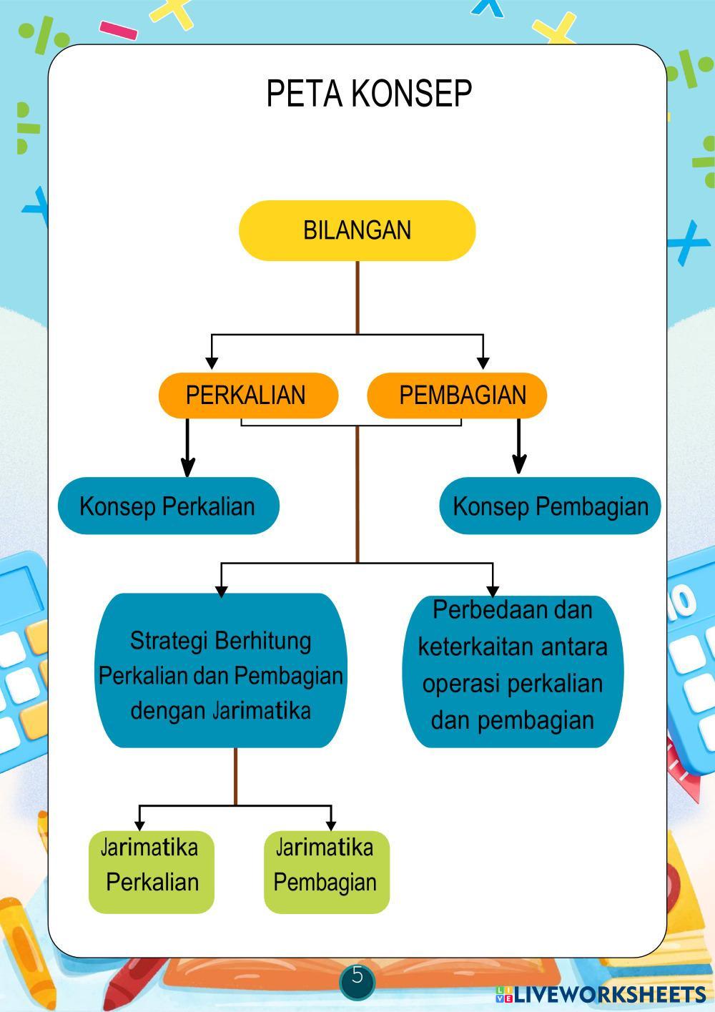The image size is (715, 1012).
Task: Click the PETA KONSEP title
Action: coord(369,94)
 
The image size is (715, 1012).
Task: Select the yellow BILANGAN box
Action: coord(357,230)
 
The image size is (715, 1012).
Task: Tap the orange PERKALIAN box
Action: coord(247,395)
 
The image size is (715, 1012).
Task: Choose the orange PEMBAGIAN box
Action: coord(458,395)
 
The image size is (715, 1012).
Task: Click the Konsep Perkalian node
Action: coord(168,506)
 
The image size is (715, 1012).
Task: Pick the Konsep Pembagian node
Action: coord(550,506)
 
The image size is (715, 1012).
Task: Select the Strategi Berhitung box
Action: coord(221,671)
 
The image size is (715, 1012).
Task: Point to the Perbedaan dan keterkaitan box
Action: coord(513,671)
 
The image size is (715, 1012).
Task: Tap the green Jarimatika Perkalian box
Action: coord(152,871)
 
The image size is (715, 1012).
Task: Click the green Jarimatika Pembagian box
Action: coord(326,871)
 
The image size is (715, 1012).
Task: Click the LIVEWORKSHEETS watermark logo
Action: coord(601,994)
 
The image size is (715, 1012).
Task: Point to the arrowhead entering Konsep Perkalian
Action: coord(187,468)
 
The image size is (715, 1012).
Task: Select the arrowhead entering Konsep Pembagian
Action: coord(520,465)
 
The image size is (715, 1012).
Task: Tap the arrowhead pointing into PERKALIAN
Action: coord(212,363)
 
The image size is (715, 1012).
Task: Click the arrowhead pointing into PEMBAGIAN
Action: coord(483,363)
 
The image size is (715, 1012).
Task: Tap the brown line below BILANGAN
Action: coord(357,297)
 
